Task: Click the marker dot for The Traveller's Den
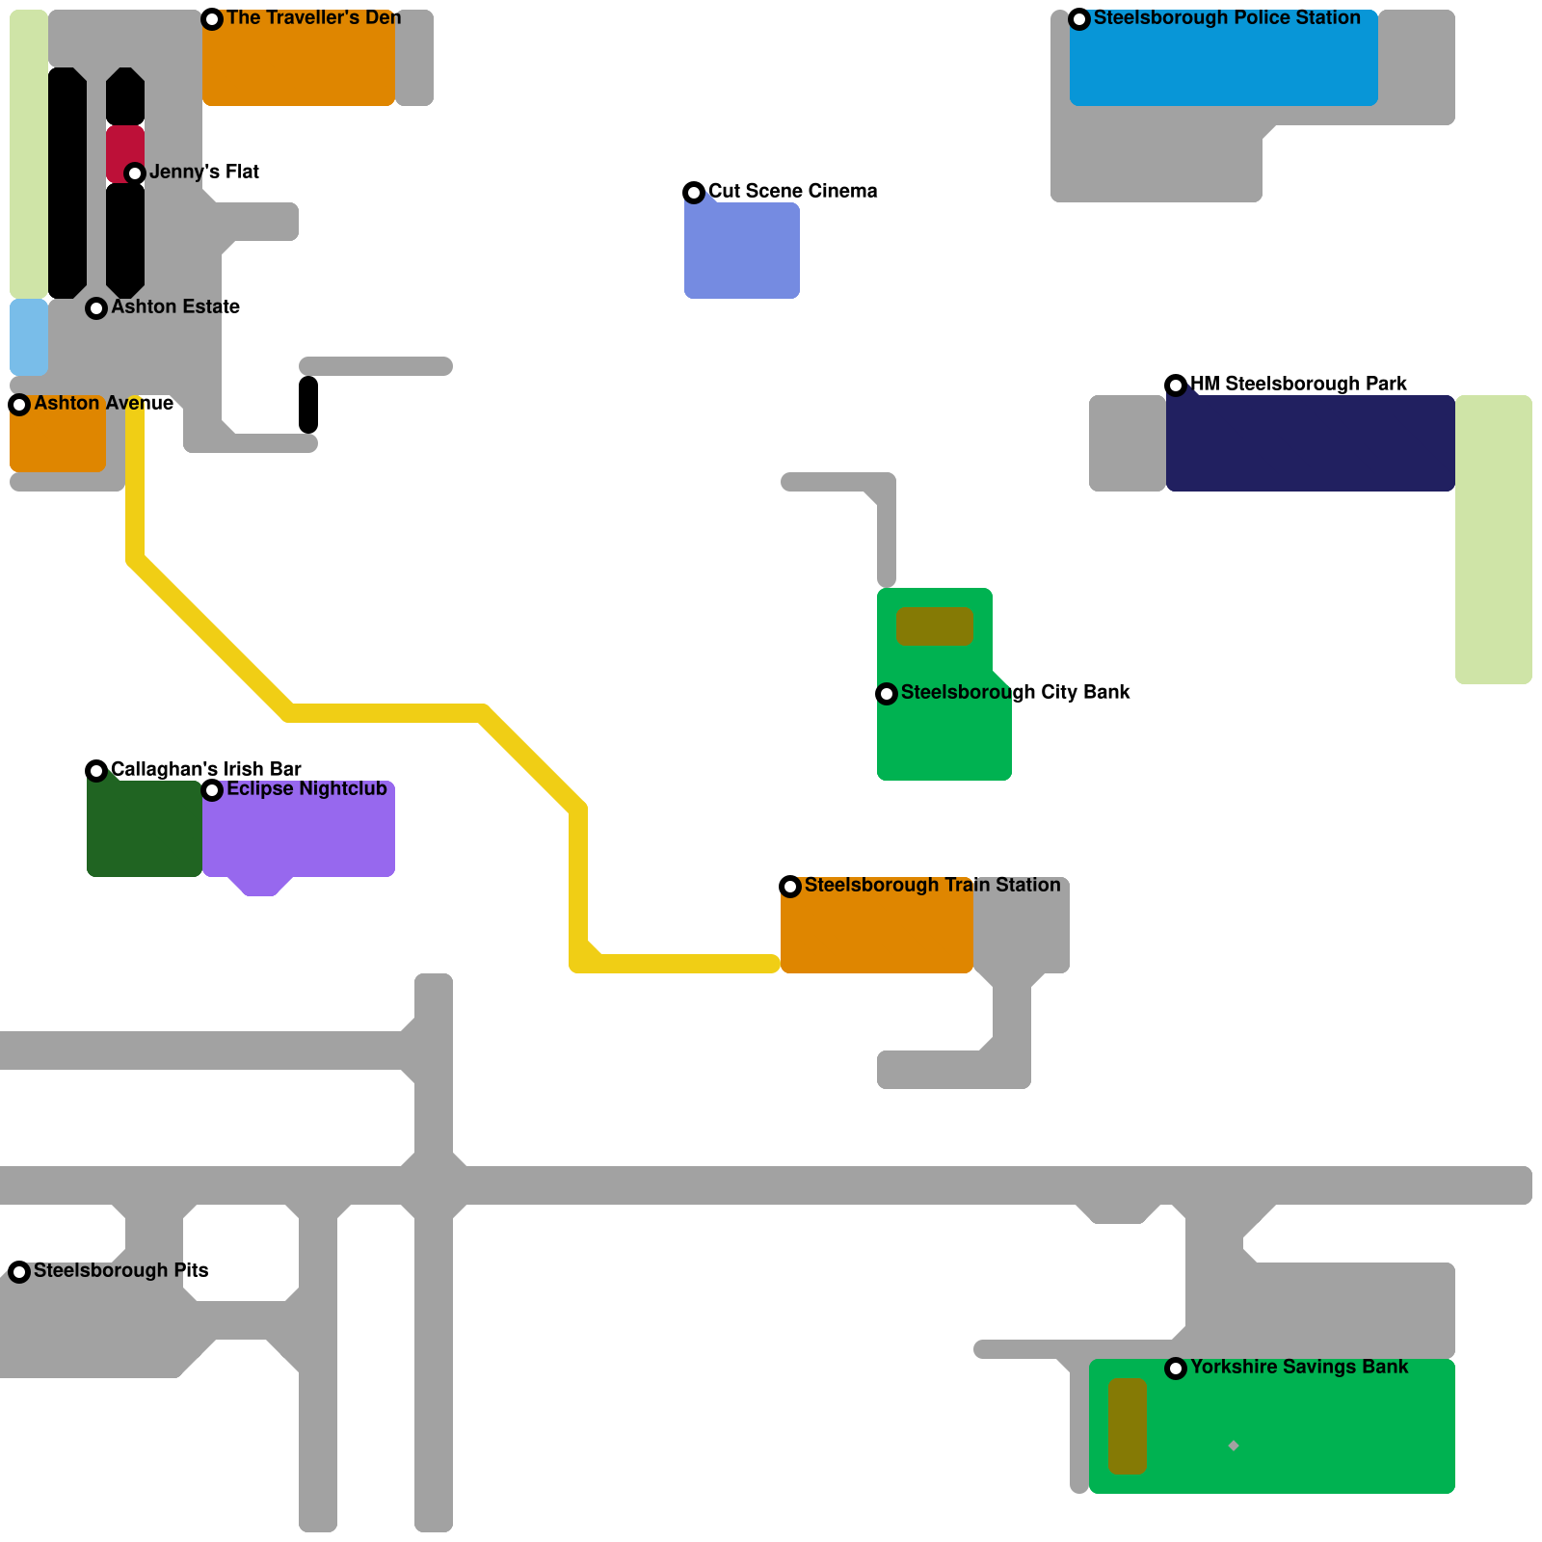212,19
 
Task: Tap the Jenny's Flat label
203,173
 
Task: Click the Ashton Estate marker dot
96,308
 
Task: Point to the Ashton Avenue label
103,404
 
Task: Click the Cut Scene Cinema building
742,251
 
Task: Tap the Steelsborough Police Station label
1226,18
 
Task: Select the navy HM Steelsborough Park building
1311,443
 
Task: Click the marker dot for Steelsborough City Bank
887,694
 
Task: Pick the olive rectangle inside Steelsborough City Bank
934,626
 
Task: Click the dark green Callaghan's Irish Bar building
145,829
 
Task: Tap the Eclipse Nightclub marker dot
212,790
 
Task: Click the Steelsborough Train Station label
932,886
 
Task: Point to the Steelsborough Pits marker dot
19,1272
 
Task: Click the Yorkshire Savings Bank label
1298,1368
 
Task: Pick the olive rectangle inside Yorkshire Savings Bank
1127,1426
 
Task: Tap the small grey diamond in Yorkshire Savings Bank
1234,1446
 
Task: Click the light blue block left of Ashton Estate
29,337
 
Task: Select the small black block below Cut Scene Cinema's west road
308,405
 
